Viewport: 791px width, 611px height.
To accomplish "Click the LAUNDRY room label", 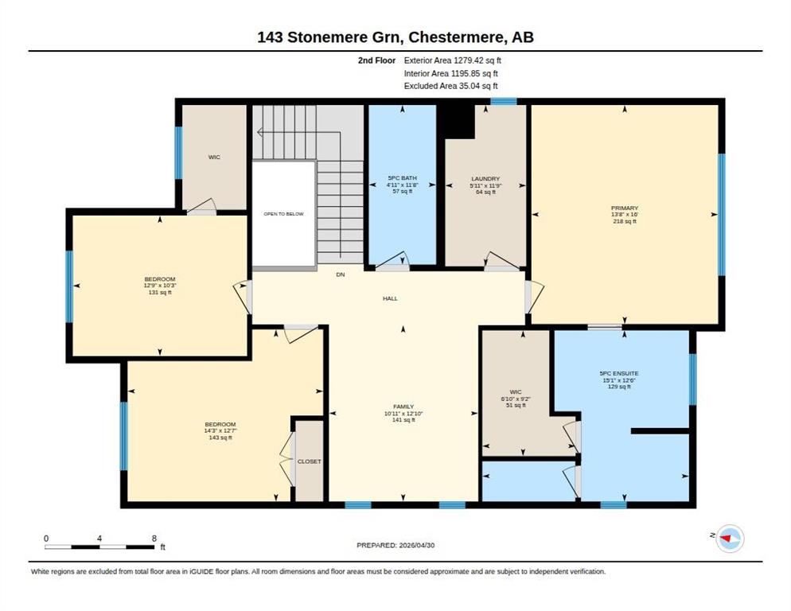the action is click(485, 179).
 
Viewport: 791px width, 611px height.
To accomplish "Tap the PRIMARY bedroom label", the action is click(625, 208).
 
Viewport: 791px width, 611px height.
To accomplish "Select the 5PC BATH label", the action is click(402, 178).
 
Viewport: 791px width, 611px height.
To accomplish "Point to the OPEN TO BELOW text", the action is click(283, 214).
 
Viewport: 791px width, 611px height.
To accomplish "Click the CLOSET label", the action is click(310, 461).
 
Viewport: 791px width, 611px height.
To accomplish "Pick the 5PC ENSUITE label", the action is click(619, 373).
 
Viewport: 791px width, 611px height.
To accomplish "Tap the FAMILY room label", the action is click(403, 407).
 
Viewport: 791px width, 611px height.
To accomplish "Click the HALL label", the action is click(390, 298).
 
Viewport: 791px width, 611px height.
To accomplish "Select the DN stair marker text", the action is click(341, 274).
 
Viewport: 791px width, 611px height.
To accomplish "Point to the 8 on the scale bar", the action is click(154, 539).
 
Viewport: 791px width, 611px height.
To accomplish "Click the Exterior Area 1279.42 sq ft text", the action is click(453, 60).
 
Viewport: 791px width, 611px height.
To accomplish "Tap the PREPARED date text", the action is click(395, 546).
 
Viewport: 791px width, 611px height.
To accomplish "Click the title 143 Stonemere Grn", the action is click(329, 37).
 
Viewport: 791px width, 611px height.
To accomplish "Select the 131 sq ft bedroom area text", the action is click(160, 292).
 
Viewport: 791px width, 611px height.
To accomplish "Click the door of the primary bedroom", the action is click(534, 298).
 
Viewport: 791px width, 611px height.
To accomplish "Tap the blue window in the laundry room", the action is click(504, 101).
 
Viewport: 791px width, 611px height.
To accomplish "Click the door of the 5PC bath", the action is click(392, 261).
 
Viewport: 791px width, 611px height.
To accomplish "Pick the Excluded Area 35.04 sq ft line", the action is click(451, 86).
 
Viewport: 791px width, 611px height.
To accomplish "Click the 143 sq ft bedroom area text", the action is click(220, 438).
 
